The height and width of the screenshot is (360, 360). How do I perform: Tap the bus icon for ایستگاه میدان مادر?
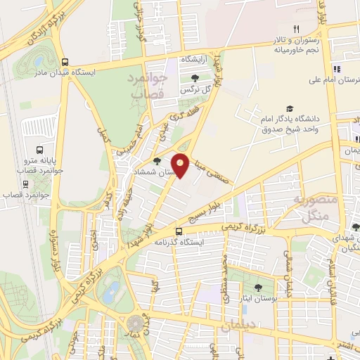point(65,61)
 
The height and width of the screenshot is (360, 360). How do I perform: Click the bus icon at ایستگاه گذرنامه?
point(179,231)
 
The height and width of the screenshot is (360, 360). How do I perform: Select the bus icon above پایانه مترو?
point(39,150)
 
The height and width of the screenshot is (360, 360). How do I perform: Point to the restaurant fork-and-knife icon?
point(296,29)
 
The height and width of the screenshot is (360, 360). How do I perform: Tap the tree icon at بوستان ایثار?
point(257,287)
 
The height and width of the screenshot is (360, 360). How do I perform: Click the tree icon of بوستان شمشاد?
point(157,162)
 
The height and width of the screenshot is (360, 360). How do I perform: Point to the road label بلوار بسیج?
point(221,210)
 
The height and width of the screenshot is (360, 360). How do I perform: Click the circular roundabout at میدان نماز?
point(134,323)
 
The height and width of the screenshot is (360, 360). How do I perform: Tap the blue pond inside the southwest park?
point(111,292)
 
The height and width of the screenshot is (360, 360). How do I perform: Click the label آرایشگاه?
point(196,60)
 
